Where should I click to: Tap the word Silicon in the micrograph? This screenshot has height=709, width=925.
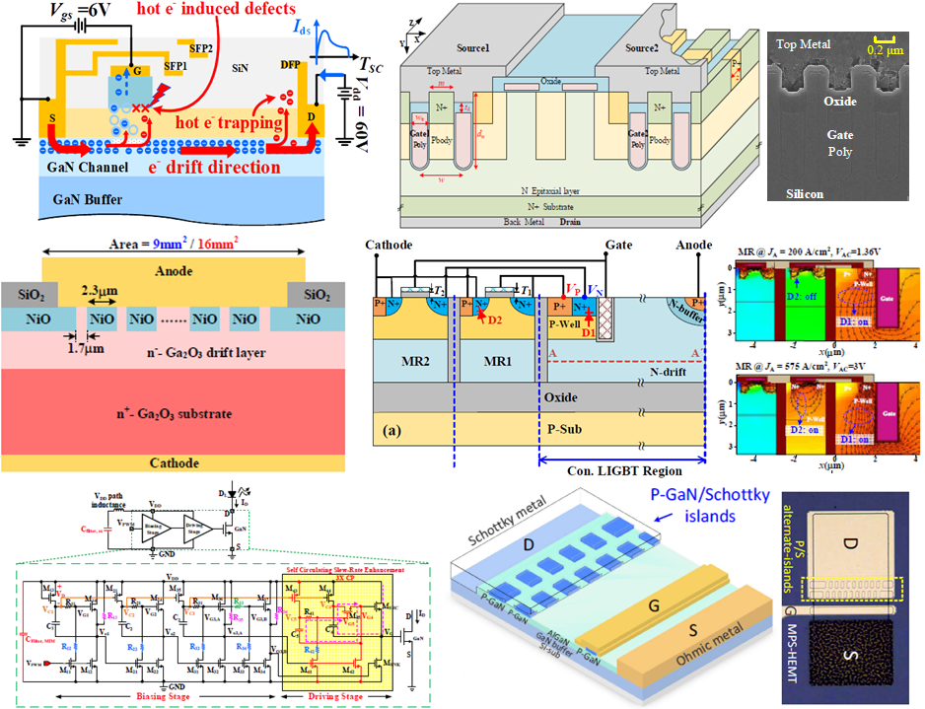[x=799, y=194]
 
